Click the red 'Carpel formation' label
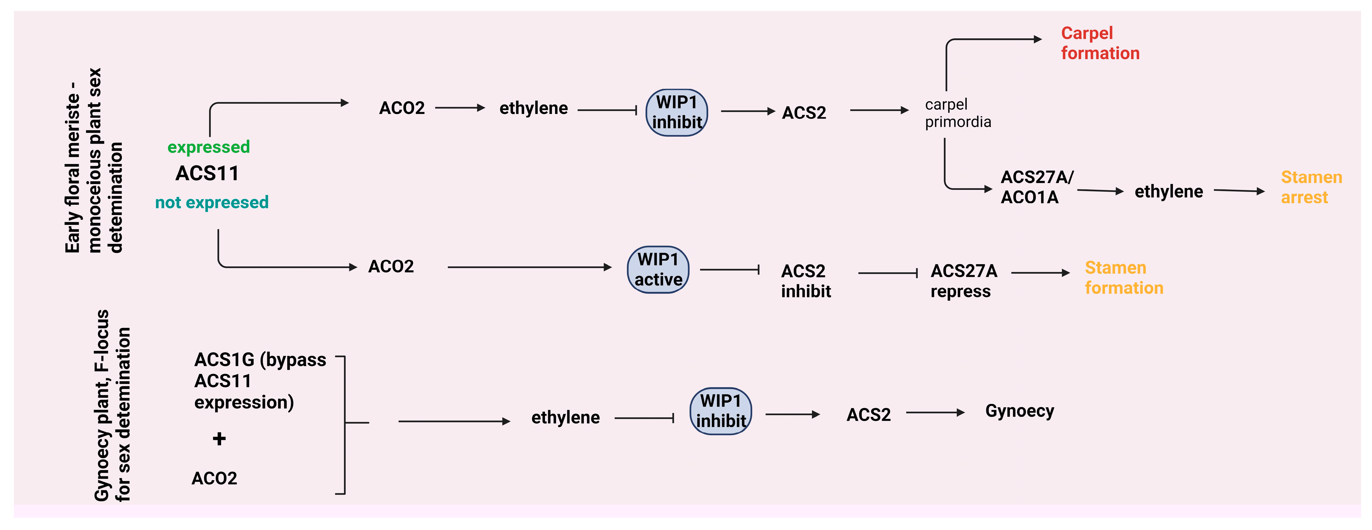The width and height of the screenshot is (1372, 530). point(1100,43)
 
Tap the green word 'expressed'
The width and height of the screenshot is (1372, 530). point(209,147)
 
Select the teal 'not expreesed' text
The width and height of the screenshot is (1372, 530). point(212,202)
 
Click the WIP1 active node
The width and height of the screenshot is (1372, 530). point(658,269)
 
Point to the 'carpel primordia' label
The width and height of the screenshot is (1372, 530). point(958,113)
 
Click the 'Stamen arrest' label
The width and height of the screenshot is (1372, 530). point(1311,187)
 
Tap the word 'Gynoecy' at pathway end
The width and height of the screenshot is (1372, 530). point(1019,411)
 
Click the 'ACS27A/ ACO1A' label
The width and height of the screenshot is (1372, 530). point(1036,187)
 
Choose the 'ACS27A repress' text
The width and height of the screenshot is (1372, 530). point(963,281)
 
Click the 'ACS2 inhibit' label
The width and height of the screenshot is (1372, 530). point(805,281)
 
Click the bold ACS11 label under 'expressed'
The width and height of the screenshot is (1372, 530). point(207,173)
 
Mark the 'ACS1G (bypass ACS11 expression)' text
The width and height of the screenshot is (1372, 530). point(259,381)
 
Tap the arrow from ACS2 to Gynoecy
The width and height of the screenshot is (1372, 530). point(935,412)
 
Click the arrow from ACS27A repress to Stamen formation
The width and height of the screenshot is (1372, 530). point(1040,273)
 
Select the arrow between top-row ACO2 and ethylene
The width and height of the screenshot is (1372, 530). point(460,107)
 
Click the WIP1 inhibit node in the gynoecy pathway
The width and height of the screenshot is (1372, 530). point(721,411)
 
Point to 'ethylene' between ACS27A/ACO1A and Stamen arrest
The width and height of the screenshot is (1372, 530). point(1168,191)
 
